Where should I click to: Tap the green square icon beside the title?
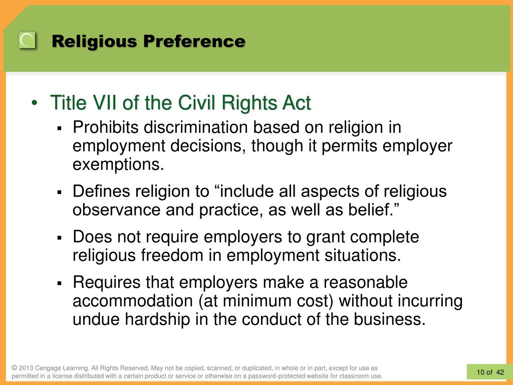pyautogui.click(x=27, y=40)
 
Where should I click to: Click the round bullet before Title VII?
pyautogui.click(x=35, y=103)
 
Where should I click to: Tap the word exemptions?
pyautogui.click(x=118, y=164)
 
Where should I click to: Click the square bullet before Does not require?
pyautogui.click(x=59, y=238)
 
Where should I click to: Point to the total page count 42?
pyautogui.click(x=500, y=372)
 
